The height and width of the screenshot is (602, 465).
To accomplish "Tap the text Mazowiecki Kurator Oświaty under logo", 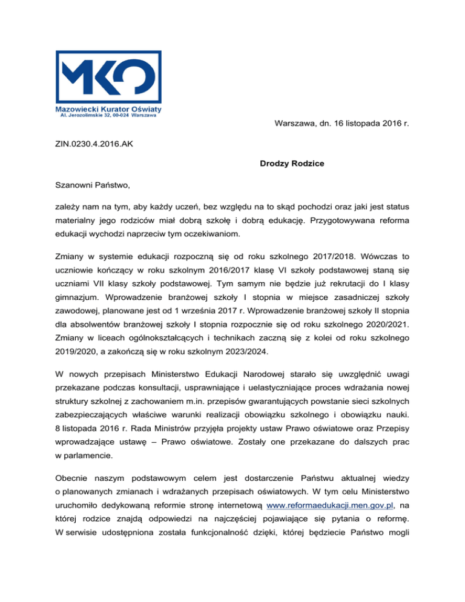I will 101,108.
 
